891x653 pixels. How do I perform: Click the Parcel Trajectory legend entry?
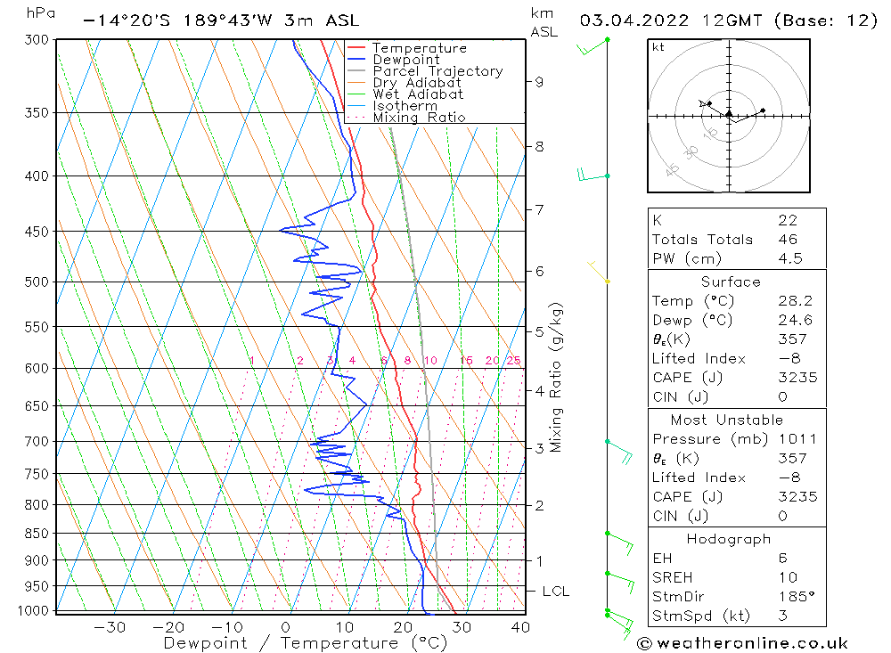point(437,71)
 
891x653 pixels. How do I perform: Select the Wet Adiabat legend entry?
point(418,94)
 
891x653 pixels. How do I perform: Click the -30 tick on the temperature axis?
point(110,627)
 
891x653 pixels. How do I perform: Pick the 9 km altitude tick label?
point(539,82)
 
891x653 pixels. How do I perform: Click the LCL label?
point(556,591)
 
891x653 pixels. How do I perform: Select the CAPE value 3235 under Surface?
point(797,378)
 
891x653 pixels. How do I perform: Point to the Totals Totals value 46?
point(788,239)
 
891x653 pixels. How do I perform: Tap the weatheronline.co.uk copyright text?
point(742,643)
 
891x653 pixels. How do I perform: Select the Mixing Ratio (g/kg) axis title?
point(557,377)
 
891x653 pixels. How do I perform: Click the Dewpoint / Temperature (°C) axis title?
point(305,643)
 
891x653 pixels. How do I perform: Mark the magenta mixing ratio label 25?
point(513,361)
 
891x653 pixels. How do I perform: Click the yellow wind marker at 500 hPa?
point(608,282)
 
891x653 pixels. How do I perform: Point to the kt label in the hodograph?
point(658,47)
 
